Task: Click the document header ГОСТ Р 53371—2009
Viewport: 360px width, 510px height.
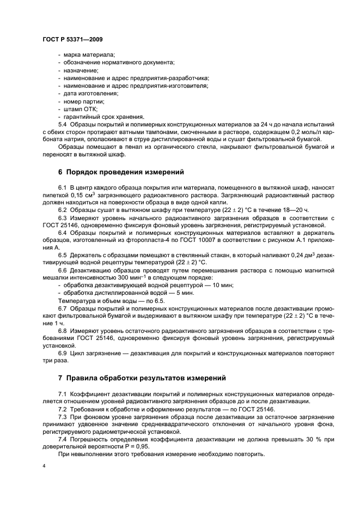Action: (72, 40)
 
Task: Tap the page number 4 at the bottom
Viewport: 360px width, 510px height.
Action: (44, 466)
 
